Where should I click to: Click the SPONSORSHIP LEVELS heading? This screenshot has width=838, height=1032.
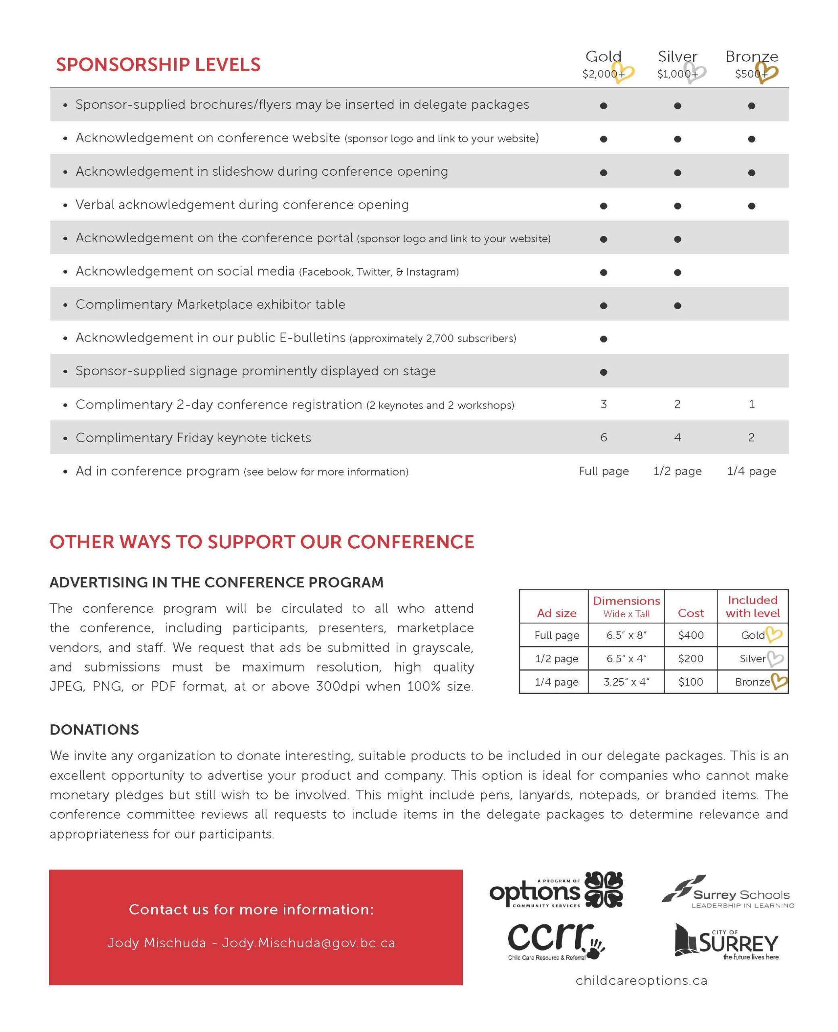(x=158, y=64)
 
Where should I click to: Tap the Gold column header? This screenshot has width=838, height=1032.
(x=603, y=56)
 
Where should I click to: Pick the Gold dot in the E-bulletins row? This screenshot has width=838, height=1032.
(x=603, y=339)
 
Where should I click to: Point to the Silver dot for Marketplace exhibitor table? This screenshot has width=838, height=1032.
(x=677, y=306)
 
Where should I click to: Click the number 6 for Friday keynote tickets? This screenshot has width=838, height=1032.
(x=603, y=437)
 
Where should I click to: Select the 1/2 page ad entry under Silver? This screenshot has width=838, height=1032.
(x=677, y=471)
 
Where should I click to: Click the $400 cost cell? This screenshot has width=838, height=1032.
(x=690, y=635)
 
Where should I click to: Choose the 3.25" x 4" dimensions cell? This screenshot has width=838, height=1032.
(x=626, y=682)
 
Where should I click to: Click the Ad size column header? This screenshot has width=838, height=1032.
(x=557, y=613)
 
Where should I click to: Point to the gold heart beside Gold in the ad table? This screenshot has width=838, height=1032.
(x=774, y=634)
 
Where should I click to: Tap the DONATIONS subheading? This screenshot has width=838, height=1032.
(x=94, y=729)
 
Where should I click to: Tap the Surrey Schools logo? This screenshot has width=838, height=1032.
(x=727, y=892)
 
